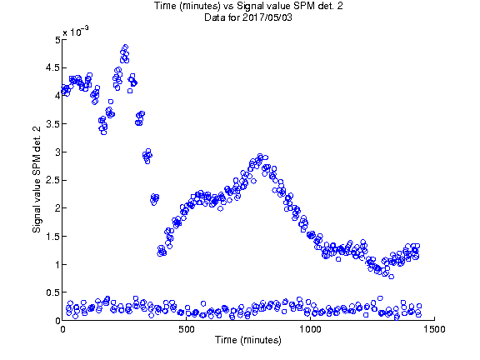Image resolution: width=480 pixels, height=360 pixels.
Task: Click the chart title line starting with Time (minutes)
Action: click(248, 6)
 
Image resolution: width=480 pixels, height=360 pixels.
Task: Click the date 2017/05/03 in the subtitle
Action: click(267, 17)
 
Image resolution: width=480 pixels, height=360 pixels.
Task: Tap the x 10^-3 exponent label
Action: click(76, 31)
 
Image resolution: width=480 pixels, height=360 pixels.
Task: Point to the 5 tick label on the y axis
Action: click(57, 40)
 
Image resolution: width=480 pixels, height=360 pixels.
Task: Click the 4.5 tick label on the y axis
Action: click(53, 67)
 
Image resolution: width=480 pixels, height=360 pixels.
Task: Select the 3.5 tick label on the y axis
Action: click(53, 124)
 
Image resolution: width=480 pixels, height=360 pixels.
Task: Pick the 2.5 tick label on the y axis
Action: click(53, 180)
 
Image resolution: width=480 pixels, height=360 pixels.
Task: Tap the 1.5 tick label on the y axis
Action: click(53, 237)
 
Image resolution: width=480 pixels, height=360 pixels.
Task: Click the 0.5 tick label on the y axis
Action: click(53, 292)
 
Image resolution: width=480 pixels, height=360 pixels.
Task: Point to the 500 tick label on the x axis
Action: click(187, 329)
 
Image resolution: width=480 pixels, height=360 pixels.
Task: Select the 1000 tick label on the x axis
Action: click(310, 329)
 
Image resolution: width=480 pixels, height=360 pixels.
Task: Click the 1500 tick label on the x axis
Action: click(434, 329)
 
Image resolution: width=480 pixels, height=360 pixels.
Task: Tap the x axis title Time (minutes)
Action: click(248, 340)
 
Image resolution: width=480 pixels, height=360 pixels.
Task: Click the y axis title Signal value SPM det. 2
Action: click(37, 180)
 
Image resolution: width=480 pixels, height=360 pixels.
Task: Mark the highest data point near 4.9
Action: click(125, 47)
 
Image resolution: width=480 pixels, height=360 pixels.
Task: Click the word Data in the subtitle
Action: click(214, 17)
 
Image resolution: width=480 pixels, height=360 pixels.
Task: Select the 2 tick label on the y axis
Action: click(57, 208)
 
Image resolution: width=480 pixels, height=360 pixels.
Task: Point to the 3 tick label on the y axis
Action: click(57, 152)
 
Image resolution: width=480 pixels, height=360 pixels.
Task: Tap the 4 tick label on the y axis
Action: click(57, 96)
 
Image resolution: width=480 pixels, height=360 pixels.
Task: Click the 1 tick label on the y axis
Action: click(57, 264)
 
